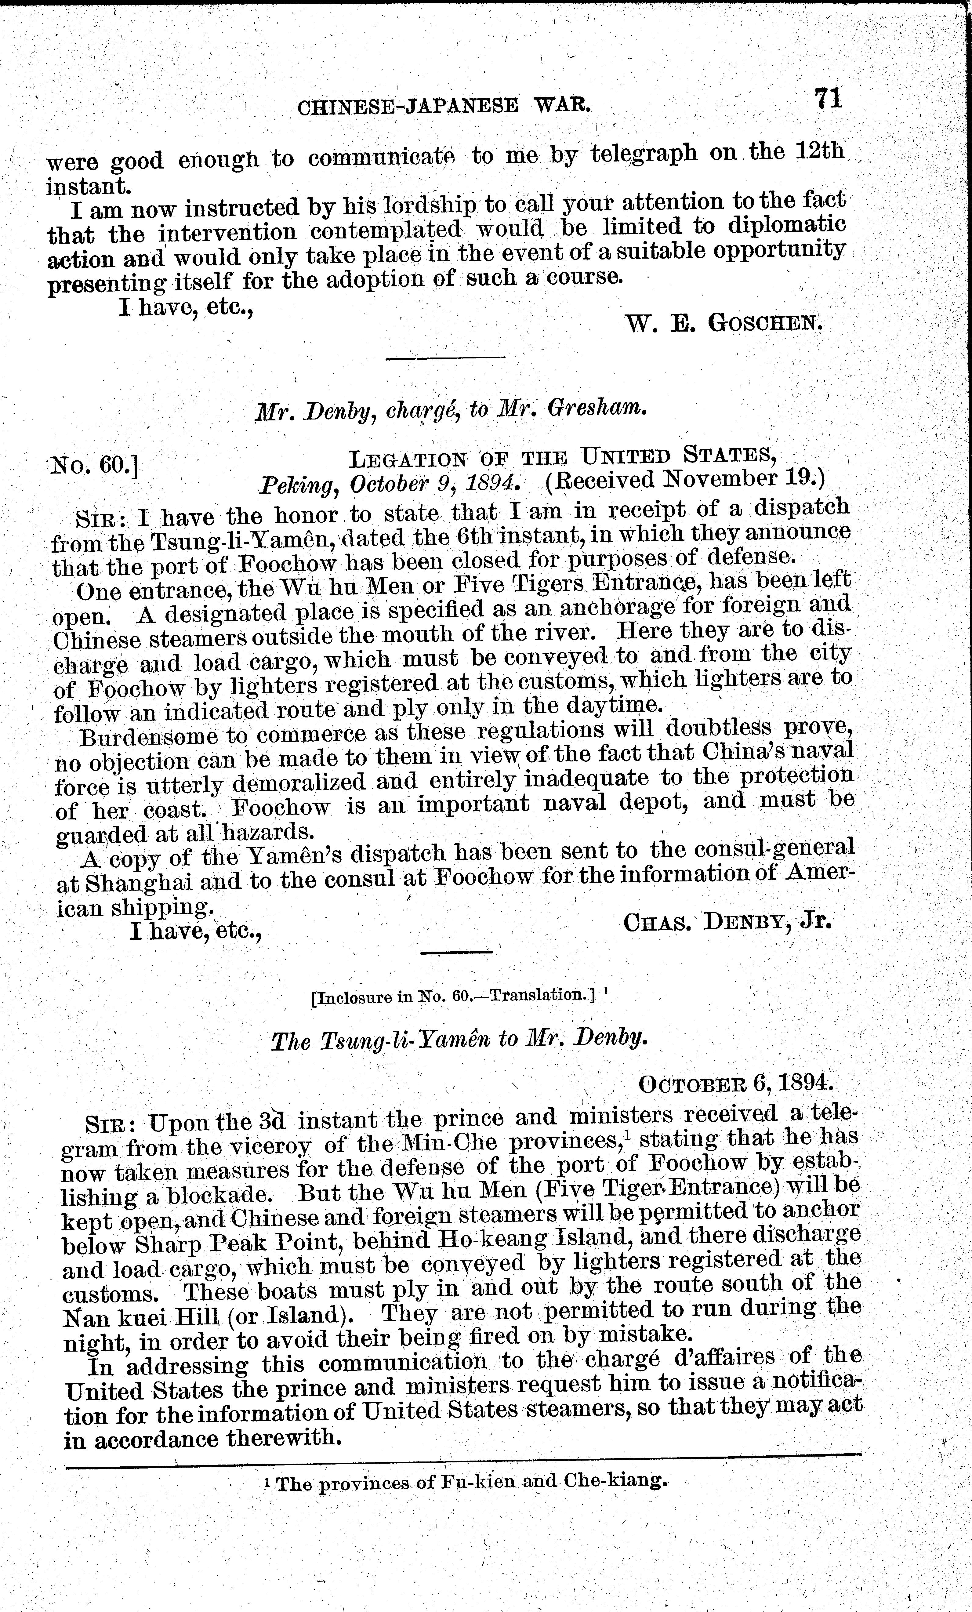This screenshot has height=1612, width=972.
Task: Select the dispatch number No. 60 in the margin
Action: pos(93,465)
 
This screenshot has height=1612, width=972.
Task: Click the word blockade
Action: pos(216,1195)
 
